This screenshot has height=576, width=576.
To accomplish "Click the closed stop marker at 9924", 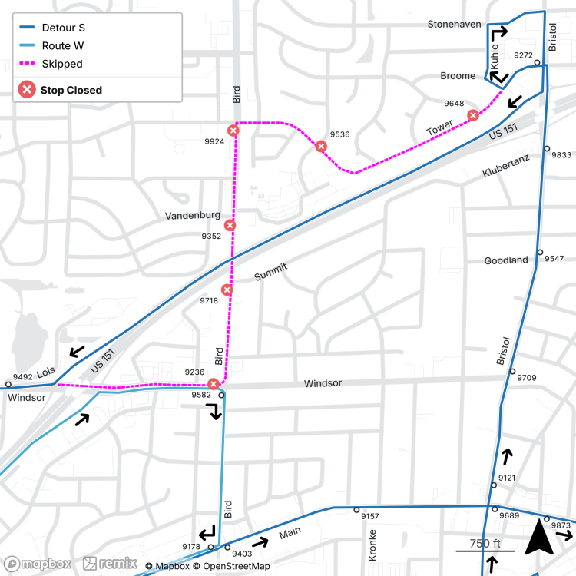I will [233, 131].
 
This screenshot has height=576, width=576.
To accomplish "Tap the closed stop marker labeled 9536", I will [321, 146].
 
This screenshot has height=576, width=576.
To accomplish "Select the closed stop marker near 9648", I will [473, 115].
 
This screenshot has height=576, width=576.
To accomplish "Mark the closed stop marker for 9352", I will [230, 225].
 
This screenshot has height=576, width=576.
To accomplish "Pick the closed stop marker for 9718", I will [227, 290].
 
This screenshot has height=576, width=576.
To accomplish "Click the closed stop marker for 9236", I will [214, 383].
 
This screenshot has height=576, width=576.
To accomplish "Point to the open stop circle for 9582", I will [221, 396].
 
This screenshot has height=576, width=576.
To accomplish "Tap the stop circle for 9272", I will [538, 63].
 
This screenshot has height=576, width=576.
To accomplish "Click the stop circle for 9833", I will [547, 149].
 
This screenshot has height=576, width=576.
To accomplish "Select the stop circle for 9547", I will [540, 253].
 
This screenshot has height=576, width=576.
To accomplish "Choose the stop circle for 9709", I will [512, 372].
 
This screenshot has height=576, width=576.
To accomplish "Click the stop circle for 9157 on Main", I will [356, 510].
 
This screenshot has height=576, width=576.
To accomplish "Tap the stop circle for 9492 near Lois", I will [8, 384].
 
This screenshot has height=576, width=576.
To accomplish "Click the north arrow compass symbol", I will [538, 538].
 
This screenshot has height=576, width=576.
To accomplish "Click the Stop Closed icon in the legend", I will [27, 90].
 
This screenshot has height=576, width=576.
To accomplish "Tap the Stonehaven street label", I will [454, 24].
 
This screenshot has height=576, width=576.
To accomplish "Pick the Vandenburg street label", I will [193, 216].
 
